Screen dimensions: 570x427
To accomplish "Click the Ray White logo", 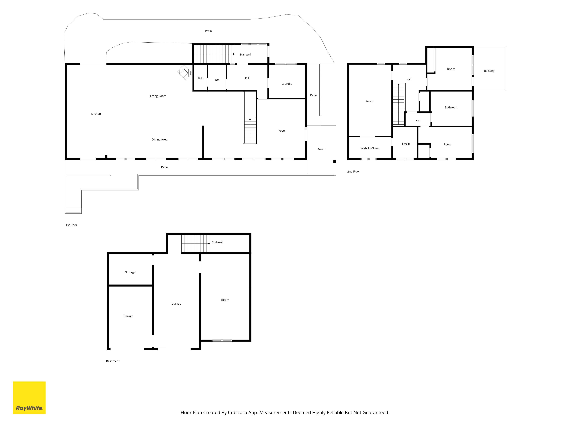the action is pos(29,398).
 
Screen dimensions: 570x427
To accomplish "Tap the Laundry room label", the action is pos(287,84).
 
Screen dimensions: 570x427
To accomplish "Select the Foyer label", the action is pos(282,131).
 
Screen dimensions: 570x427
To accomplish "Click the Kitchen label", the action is pos(96,114).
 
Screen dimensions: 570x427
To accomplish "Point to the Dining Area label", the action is pos(159,139).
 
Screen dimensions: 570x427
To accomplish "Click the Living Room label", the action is pos(158,96).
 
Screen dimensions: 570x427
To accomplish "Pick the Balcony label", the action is pos(489,71).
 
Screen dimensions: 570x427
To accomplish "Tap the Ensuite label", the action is pos(406,144).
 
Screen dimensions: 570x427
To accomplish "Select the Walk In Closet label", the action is pos(370,148).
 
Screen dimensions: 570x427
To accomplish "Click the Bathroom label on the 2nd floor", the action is pos(451,108).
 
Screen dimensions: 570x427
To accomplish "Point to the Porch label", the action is pos(321,149).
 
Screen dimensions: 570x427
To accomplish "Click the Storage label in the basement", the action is pos(130,272).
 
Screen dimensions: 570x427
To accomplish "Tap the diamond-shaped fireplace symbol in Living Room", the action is pos(185,72).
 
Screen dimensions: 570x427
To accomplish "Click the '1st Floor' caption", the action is pos(71,225).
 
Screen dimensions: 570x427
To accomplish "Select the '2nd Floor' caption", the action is pos(354,171).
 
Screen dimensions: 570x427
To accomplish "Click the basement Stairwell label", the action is pos(217,242).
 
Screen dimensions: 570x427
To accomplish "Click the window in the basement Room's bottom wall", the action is pos(222,340).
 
